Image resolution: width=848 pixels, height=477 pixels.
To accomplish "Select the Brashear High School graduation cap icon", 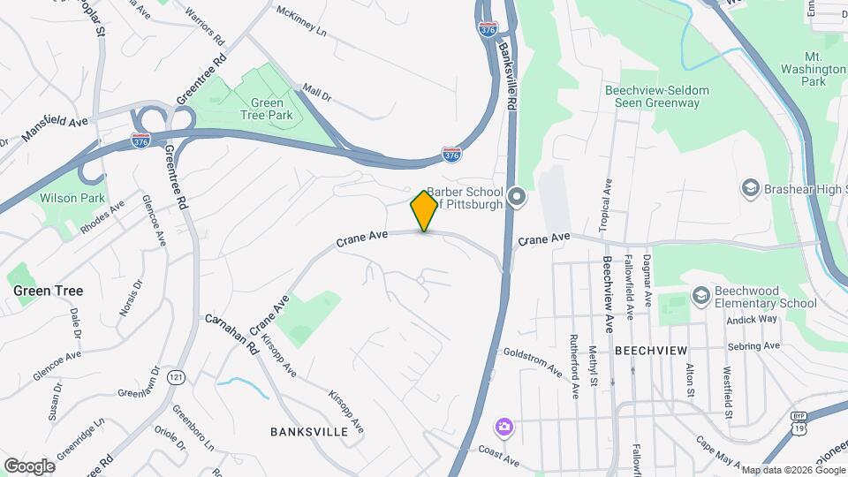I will point(750,187).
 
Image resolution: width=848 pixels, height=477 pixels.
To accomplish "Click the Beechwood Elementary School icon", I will point(701,294).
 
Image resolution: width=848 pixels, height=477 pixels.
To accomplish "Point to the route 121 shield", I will point(177,378).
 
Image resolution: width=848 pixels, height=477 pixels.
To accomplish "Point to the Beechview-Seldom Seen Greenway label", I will point(652,96).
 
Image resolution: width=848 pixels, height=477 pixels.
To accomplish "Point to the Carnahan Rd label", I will point(232,334).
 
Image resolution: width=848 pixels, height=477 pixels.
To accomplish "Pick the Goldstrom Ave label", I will point(532,362).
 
